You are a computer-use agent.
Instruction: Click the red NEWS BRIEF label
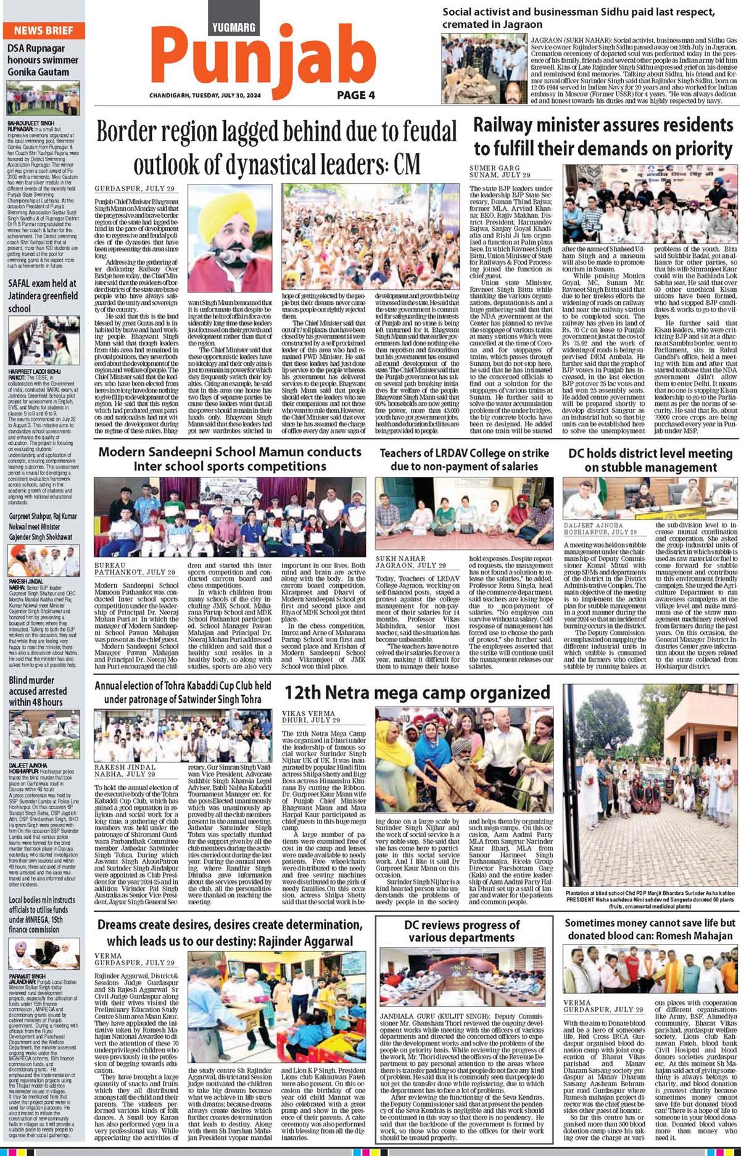[43, 30]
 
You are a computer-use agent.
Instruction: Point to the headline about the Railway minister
[603, 137]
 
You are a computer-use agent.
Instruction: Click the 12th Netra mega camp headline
[417, 692]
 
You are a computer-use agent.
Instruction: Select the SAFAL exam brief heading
[42, 295]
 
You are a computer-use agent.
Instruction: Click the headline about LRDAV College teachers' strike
[464, 460]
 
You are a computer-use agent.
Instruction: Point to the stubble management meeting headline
[650, 460]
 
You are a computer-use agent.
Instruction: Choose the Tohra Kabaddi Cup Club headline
[183, 692]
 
